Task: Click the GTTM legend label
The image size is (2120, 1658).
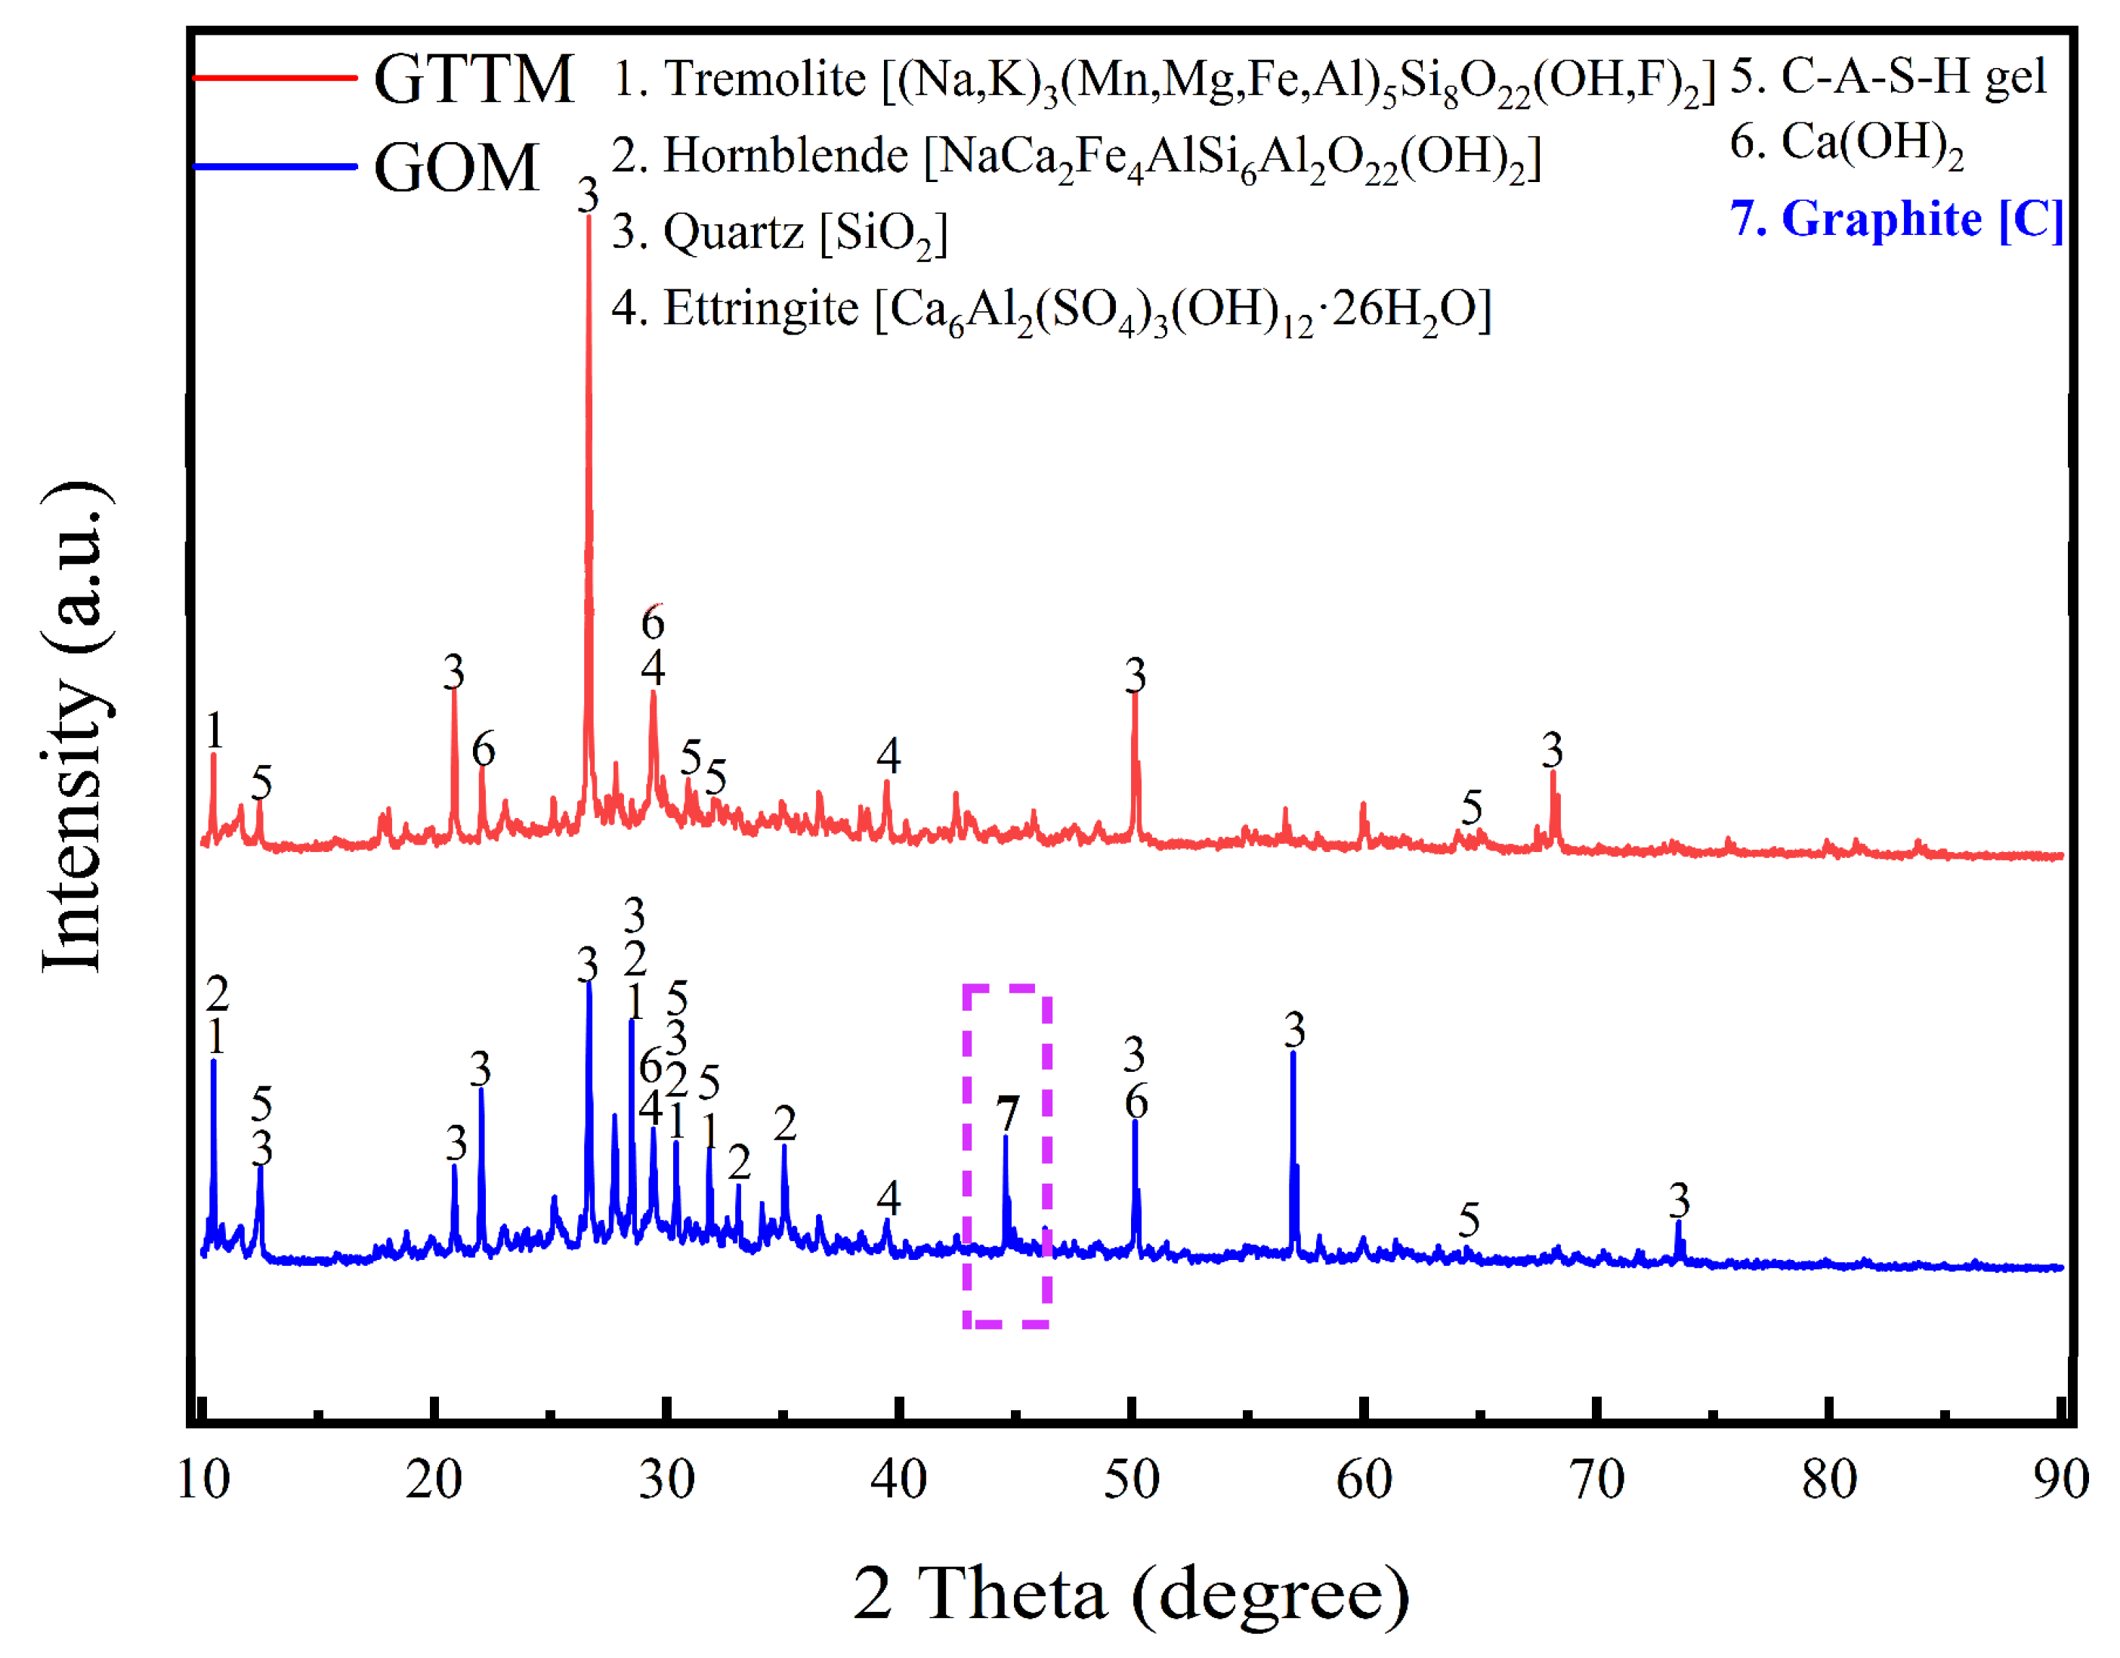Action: click(473, 79)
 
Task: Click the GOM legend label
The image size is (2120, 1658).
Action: click(456, 168)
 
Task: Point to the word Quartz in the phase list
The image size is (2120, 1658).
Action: click(733, 232)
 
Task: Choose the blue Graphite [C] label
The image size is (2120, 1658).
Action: click(1896, 218)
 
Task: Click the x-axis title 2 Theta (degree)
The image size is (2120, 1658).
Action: click(1131, 1593)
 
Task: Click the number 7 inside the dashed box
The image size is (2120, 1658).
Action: click(1008, 1113)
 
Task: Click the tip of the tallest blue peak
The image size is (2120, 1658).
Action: click(589, 983)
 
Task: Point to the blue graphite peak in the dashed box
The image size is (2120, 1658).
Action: click(1006, 1138)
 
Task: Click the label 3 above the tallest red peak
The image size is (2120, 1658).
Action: click(587, 195)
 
